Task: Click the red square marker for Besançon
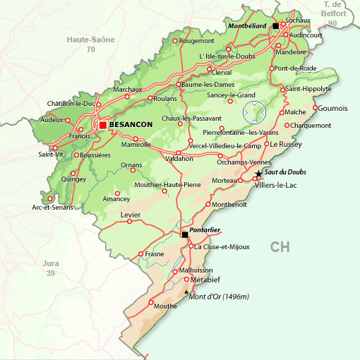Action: point(103,125)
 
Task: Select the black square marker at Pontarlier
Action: point(185,234)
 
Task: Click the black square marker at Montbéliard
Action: point(276,25)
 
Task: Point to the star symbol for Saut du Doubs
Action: point(259,173)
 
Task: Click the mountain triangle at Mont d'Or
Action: point(186,292)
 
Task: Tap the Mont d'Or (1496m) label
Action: point(220,296)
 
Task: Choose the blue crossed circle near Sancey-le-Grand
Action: point(253,112)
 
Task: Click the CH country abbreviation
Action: point(280,246)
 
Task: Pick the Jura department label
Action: point(50,263)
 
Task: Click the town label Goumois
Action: point(333,108)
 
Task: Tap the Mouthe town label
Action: point(165,306)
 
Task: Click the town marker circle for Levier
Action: point(129,221)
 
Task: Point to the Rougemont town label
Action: point(197,41)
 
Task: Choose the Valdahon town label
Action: point(179,159)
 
